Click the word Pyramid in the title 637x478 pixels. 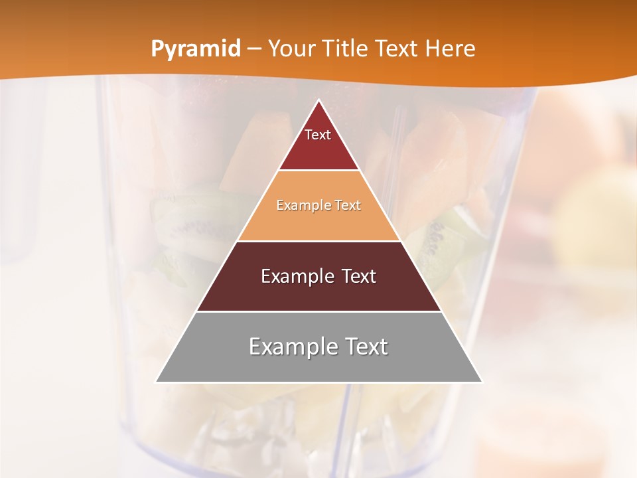pyautogui.click(x=195, y=49)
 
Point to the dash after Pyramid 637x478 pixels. pyautogui.click(x=254, y=49)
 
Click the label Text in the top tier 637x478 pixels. pyautogui.click(x=318, y=135)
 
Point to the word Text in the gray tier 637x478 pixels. pyautogui.click(x=366, y=347)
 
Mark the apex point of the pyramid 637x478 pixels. pyautogui.click(x=319, y=100)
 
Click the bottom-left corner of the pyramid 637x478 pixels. pyautogui.click(x=157, y=382)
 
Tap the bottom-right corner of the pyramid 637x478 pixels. pyautogui.click(x=482, y=382)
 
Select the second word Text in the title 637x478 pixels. pyautogui.click(x=398, y=48)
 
